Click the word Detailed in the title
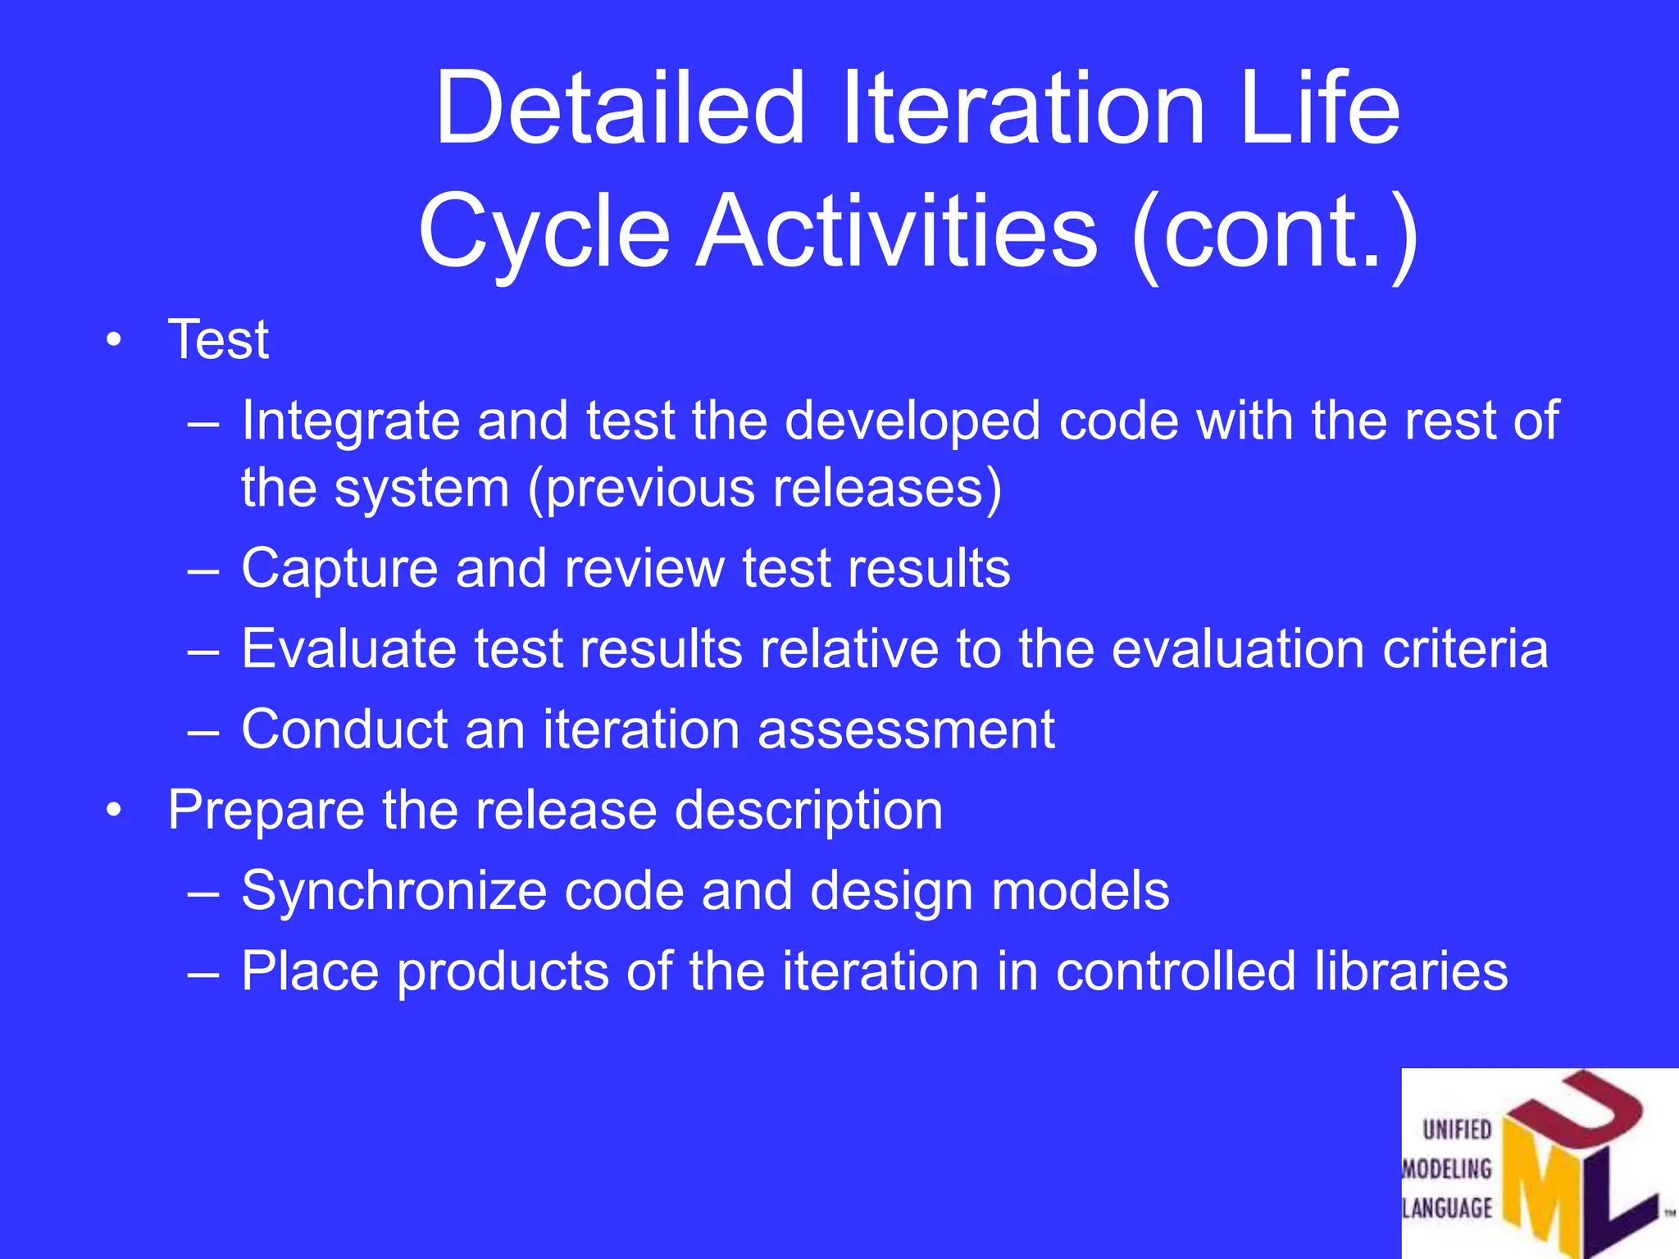click(619, 108)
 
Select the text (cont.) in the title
click(1274, 232)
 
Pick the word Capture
click(339, 568)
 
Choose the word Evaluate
click(348, 648)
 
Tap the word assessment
click(906, 729)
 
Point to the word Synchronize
click(394, 890)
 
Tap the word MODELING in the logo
click(1447, 1169)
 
